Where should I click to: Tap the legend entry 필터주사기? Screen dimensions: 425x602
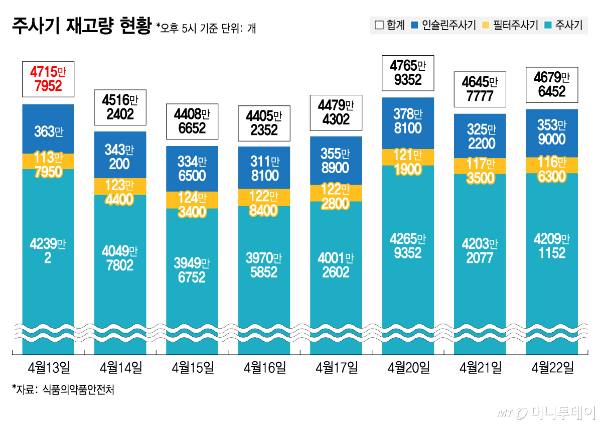click(509, 25)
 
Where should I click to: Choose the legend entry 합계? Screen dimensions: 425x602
click(390, 25)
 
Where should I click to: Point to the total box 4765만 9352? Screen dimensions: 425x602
click(408, 72)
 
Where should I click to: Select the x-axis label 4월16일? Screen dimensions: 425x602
click(264, 368)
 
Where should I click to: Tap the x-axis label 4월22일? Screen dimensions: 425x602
click(552, 368)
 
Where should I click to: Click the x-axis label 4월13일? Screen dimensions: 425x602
click(48, 368)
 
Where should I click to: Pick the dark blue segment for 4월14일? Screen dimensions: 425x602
click(120, 156)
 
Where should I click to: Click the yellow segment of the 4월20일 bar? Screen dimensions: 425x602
click(408, 157)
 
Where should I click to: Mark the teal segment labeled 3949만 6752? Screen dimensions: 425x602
click(192, 270)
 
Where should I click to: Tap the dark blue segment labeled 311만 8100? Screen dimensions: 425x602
click(264, 168)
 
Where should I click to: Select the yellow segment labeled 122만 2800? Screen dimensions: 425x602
click(336, 194)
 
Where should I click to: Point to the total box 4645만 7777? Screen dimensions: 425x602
click(480, 89)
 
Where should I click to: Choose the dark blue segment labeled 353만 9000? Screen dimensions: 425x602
click(552, 132)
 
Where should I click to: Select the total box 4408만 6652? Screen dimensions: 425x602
click(192, 121)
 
